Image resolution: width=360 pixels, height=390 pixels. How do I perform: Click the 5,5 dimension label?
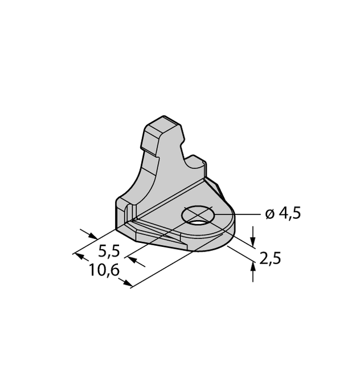(x=109, y=251)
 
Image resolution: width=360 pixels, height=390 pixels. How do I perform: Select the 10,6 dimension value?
(x=104, y=271)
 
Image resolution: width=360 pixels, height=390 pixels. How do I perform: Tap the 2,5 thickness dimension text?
(x=270, y=259)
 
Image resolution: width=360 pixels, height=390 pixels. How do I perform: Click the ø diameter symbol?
(x=269, y=214)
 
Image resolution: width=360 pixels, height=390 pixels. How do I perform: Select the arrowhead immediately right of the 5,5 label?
(x=132, y=260)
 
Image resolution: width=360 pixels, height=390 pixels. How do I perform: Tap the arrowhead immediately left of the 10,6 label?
(x=78, y=255)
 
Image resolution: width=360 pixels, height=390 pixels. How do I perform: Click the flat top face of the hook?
(x=160, y=122)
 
